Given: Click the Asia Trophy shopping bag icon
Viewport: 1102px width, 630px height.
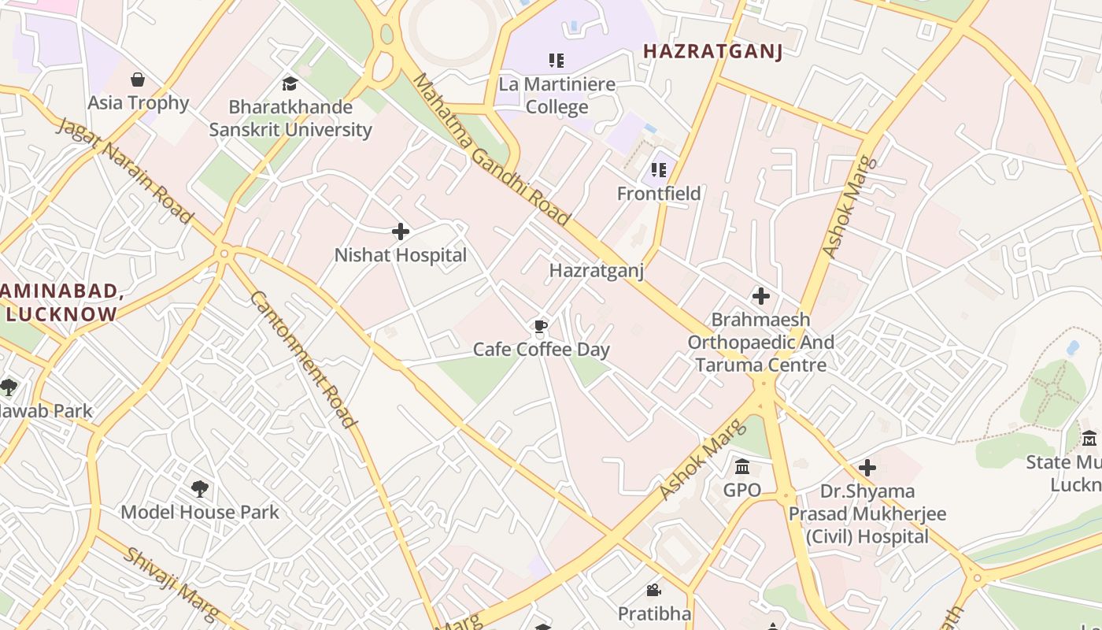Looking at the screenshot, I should click(138, 80).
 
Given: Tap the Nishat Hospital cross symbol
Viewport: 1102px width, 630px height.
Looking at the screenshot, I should click(401, 232).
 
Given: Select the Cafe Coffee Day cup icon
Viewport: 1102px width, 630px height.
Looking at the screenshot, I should click(541, 326).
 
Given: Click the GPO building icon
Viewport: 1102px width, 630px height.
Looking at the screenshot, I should click(741, 467).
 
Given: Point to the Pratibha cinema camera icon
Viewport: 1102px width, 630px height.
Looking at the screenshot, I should click(653, 590).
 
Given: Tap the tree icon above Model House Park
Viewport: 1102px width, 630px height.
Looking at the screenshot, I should click(200, 489).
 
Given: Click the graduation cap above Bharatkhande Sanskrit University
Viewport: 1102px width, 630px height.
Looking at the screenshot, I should click(290, 83).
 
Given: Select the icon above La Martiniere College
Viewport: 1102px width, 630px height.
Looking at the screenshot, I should click(557, 60).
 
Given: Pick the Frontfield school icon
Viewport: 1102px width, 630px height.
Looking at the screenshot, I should click(659, 170).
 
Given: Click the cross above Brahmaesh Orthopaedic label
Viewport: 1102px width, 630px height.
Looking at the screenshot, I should click(760, 296).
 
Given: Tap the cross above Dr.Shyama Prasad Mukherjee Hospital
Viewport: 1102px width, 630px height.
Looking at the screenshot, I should click(867, 468).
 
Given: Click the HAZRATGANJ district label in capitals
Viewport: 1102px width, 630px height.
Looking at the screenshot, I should click(713, 52).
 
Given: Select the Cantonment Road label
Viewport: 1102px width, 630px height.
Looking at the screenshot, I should click(303, 359).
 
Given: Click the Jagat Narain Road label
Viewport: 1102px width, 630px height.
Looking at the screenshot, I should click(125, 171).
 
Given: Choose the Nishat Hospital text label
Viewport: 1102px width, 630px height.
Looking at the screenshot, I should click(401, 255).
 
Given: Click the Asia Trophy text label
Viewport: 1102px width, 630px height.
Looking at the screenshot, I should click(139, 103).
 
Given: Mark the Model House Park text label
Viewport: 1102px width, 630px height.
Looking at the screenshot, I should click(200, 512).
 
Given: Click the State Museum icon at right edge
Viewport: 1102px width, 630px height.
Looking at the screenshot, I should click(1089, 439).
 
